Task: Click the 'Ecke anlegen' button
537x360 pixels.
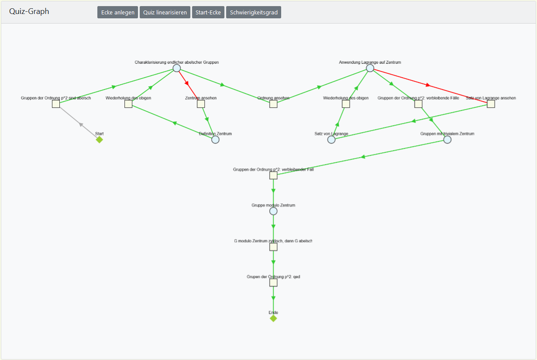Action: [x=117, y=12]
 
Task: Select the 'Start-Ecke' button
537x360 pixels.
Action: [x=208, y=12]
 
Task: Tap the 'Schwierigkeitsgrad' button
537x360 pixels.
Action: [x=254, y=12]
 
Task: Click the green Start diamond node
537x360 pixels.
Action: [x=100, y=140]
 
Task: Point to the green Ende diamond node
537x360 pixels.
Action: [x=273, y=319]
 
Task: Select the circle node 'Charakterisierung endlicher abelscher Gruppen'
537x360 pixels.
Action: [x=176, y=68]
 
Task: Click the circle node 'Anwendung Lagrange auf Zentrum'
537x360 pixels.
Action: [x=370, y=68]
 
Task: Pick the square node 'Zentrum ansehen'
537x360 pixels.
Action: [x=201, y=104]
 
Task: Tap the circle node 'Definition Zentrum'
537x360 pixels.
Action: [x=215, y=140]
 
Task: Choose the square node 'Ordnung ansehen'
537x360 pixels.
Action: [x=273, y=104]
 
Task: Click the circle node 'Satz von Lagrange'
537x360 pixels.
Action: [x=331, y=140]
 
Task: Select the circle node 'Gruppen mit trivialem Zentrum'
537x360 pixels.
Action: [x=447, y=140]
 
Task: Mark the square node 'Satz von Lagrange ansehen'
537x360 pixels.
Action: [x=491, y=104]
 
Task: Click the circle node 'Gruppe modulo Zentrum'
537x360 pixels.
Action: [x=273, y=211]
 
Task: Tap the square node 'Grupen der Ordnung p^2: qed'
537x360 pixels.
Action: [x=273, y=283]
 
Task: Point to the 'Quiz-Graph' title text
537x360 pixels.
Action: [x=29, y=11]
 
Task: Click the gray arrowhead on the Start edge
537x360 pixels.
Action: [x=81, y=124]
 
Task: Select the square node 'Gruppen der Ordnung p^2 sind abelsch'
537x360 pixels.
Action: [x=56, y=104]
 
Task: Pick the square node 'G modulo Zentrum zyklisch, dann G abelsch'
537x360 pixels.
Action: [x=273, y=247]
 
